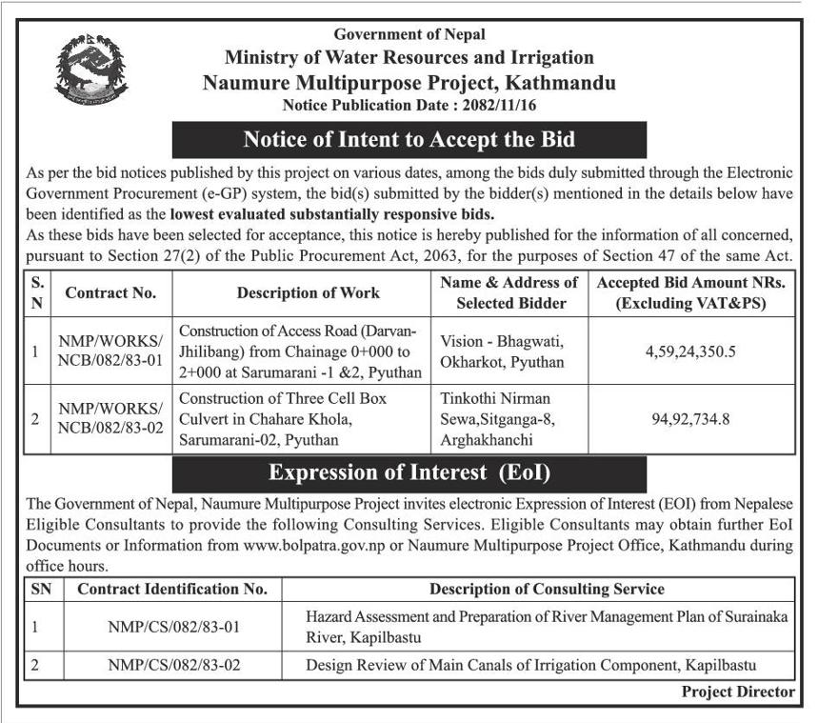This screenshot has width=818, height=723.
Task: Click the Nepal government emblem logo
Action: point(91,70)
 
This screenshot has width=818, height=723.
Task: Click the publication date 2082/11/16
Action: point(497,105)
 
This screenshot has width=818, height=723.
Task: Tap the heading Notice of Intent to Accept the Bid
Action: point(409,139)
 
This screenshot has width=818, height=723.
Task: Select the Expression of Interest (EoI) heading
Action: point(409,472)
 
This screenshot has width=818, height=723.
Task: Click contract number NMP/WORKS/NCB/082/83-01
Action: point(110,351)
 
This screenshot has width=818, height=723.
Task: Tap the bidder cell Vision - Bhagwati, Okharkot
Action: point(504,351)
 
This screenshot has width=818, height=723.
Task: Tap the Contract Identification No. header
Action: point(172,590)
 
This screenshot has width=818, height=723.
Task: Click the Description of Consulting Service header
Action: point(547,590)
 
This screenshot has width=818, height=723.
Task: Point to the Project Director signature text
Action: point(737,692)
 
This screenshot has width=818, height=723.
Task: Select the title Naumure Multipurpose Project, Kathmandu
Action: point(409,83)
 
